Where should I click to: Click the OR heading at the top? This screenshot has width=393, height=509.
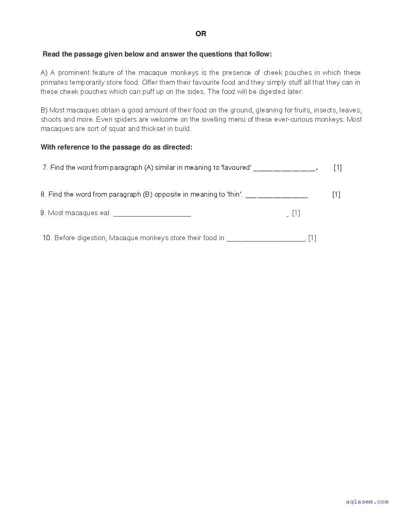pyautogui.click(x=201, y=34)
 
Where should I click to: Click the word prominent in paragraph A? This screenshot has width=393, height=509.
pyautogui.click(x=74, y=73)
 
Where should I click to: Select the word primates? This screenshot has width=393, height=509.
pyautogui.click(x=54, y=82)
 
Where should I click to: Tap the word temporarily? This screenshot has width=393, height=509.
pyautogui.click(x=91, y=82)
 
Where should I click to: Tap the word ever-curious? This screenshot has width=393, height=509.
pyautogui.click(x=300, y=119)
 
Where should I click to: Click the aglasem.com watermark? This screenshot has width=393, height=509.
pyautogui.click(x=367, y=502)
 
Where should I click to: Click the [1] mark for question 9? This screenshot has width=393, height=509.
pyautogui.click(x=296, y=213)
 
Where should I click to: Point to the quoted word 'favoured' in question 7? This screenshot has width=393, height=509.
pyautogui.click(x=236, y=168)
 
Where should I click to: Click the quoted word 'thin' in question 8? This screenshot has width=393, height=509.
pyautogui.click(x=234, y=194)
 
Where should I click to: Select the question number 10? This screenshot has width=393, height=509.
pyautogui.click(x=47, y=238)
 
